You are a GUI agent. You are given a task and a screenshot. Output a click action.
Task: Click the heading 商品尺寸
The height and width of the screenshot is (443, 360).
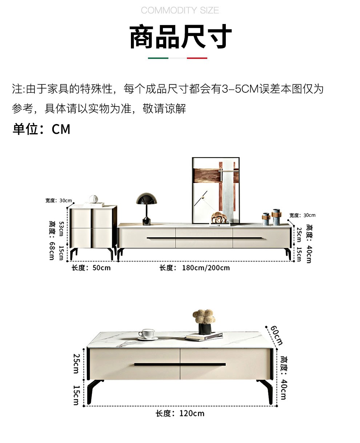coord(180,37)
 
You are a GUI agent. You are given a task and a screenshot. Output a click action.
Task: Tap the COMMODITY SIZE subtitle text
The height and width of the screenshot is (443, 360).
coord(180,10)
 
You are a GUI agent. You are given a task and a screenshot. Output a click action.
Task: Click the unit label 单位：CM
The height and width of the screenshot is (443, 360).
coord(41,129)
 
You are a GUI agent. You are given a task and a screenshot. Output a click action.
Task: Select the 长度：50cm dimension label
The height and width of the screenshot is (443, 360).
coord(91,268)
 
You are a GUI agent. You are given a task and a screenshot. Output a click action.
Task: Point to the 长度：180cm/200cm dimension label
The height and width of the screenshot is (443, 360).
coord(195,268)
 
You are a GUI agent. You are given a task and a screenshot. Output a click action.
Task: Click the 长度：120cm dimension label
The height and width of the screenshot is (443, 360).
coord(180,414)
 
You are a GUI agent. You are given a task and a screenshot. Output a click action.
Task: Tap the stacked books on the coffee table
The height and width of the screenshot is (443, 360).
coord(203,337)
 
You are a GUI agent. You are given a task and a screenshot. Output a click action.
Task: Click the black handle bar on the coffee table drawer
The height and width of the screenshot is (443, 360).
coord(180,364)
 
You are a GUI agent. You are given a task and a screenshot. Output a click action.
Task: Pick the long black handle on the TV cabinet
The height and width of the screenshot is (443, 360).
coord(205,238)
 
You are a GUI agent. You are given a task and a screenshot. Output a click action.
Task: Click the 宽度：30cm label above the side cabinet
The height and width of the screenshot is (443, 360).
coord(59,200)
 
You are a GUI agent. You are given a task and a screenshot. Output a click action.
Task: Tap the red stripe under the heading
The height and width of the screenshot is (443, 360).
coord(197,58)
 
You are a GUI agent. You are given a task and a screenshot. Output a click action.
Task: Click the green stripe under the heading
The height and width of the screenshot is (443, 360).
coord(158,58)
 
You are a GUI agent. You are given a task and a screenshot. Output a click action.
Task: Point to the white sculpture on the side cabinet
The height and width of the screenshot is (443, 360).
coord(93,199)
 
